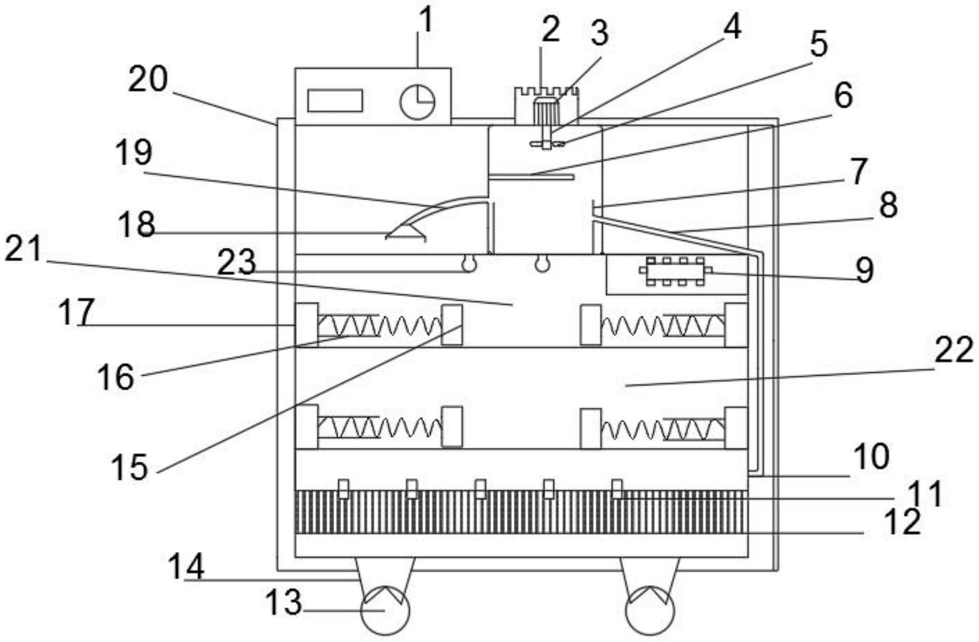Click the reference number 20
(148, 80)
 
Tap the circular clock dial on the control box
(418, 102)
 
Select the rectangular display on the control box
(335, 101)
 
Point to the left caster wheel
(385, 610)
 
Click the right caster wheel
(650, 610)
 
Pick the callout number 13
(283, 603)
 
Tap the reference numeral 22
(954, 351)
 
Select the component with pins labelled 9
(675, 271)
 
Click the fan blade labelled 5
(546, 143)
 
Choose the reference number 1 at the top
(426, 20)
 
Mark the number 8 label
(888, 205)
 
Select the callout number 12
(902, 522)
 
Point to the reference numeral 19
(134, 153)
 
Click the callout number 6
(843, 96)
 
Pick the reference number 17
(76, 312)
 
